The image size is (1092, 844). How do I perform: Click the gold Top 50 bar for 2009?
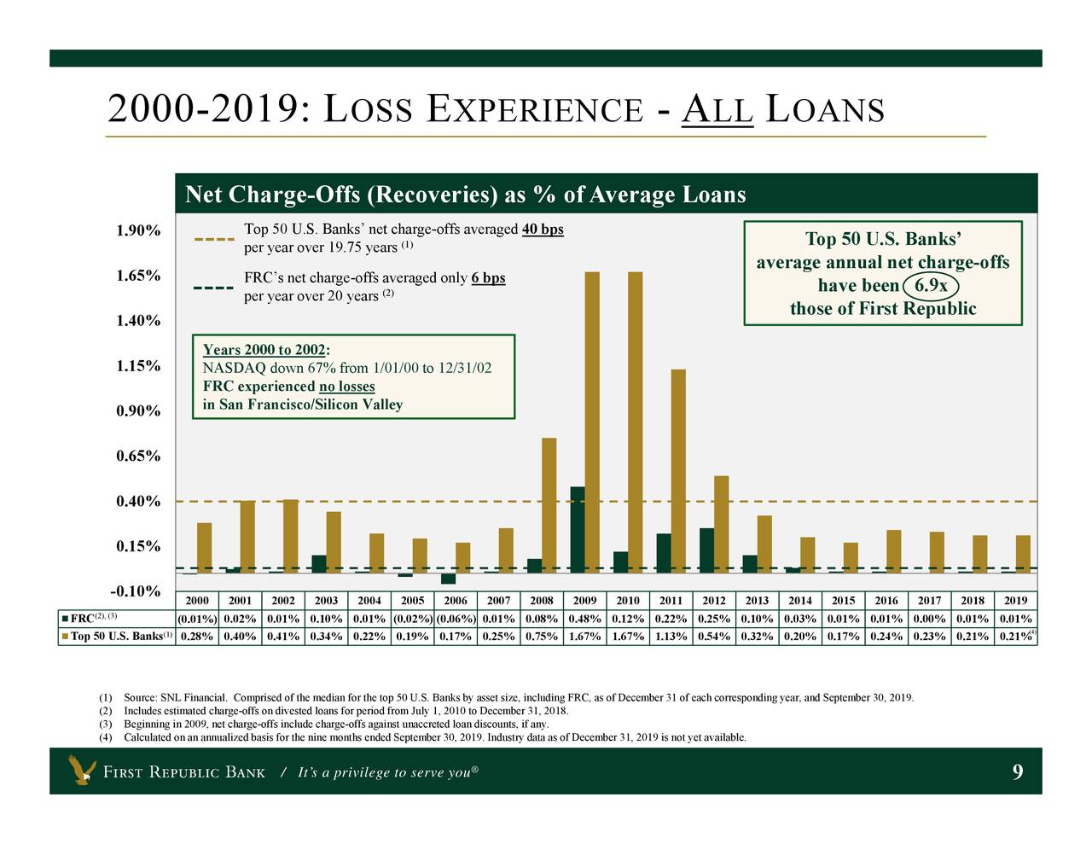[592, 422]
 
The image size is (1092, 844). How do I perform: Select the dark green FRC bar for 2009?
[578, 529]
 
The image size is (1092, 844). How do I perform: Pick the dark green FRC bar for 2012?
[706, 550]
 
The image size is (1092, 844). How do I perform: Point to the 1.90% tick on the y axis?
[138, 230]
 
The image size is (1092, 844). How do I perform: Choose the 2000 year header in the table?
[197, 601]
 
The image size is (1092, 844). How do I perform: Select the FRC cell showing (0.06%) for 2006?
[456, 619]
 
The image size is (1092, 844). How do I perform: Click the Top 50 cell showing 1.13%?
[671, 636]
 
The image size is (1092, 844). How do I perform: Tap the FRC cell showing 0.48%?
[584, 619]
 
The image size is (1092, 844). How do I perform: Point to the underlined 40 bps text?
[543, 229]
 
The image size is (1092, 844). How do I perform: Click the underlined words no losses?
[346, 387]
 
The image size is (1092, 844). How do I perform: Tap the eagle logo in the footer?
[82, 771]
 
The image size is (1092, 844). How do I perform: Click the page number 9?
[1017, 772]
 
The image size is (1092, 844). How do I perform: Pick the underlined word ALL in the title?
[717, 111]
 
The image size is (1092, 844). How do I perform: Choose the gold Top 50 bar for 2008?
[549, 505]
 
